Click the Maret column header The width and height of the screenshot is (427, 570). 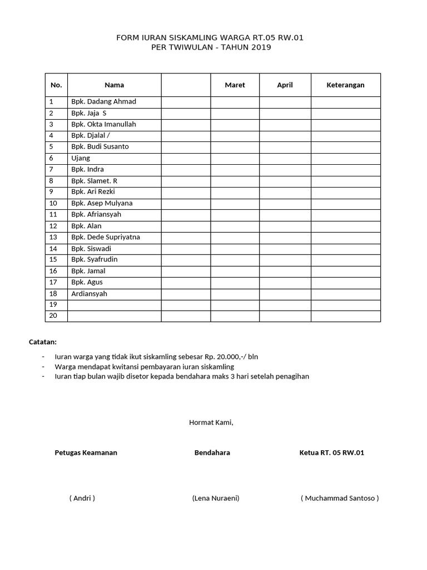pos(235,85)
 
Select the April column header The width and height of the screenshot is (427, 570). pos(285,85)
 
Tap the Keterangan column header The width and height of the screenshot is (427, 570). pos(345,85)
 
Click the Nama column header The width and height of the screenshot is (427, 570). pos(114,85)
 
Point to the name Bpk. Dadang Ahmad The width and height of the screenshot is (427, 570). pos(103,102)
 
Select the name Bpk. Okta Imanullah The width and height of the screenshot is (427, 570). pos(103,124)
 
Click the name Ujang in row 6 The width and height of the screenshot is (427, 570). pos(81,158)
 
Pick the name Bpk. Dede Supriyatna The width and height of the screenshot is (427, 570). pos(106,237)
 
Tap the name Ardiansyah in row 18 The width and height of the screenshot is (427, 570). pos(89,294)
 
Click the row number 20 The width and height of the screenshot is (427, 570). pos(53,316)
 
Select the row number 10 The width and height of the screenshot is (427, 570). pos(53,203)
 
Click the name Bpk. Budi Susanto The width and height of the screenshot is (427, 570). pos(100,147)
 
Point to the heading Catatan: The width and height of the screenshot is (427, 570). pos(43,342)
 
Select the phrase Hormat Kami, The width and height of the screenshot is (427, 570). pos(211,422)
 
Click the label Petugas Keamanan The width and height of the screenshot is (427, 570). pos(86,453)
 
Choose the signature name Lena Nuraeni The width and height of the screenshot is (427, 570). pos(216,498)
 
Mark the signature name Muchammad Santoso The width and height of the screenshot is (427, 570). pos(340,498)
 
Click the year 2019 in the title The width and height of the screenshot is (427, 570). pos(260,48)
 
